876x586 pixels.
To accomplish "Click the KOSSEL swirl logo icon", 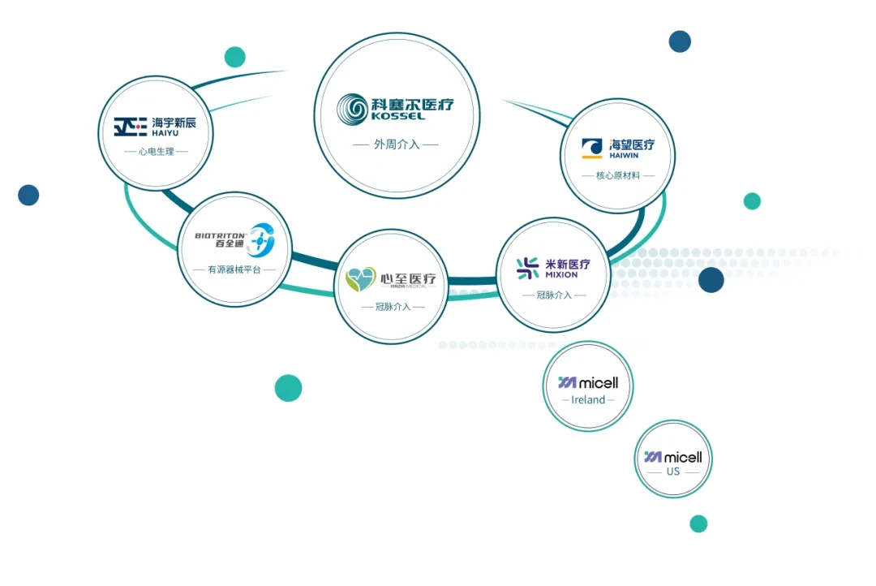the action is tap(352, 109).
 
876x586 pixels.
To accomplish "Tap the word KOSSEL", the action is tap(397, 116).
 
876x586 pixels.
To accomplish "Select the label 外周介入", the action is tap(397, 144).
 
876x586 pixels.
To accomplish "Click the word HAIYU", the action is tap(165, 133).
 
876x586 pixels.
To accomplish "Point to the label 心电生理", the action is tap(157, 152).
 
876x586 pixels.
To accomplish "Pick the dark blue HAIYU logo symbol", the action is tap(130, 127).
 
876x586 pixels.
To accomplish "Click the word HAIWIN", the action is tap(624, 156).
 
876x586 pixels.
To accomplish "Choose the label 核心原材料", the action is tap(618, 175).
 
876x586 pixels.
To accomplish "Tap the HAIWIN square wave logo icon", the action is tap(591, 149).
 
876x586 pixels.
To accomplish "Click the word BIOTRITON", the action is tap(220, 235).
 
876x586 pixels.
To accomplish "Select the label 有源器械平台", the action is tap(234, 269).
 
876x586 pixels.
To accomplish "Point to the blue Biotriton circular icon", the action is tap(261, 240).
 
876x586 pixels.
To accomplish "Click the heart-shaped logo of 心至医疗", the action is tap(360, 279).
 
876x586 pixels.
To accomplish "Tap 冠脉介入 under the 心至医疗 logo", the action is tap(393, 307).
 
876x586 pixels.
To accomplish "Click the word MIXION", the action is tap(561, 274).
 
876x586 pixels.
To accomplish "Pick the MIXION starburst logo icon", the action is tap(527, 269).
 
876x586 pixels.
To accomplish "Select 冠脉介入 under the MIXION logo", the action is tap(554, 295).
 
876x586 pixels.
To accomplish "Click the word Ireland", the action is tap(588, 400).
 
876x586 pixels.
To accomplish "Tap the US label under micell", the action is tap(673, 472).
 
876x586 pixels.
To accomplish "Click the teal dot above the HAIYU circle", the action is tap(234, 57).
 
